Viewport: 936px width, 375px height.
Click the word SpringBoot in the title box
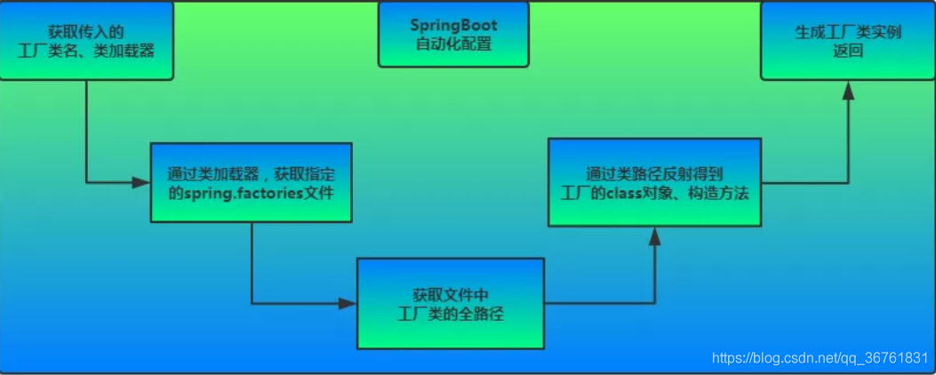pyautogui.click(x=452, y=25)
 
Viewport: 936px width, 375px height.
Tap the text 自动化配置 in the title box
pyautogui.click(x=452, y=44)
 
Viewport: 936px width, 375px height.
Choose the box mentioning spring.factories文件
pyautogui.click(x=251, y=182)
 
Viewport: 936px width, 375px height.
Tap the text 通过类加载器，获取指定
pyautogui.click(x=251, y=172)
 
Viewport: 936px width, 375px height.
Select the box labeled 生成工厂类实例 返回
pyautogui.click(x=847, y=41)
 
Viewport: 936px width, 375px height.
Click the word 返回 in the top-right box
pyautogui.click(x=847, y=52)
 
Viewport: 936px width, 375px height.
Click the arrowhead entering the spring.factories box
pyautogui.click(x=142, y=182)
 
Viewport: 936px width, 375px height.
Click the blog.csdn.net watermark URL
pyautogui.click(x=821, y=358)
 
